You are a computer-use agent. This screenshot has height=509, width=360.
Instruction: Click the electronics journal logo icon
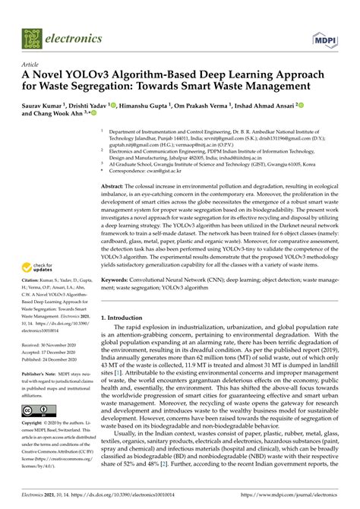33,36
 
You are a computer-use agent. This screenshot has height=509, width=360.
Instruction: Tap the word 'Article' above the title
32,65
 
